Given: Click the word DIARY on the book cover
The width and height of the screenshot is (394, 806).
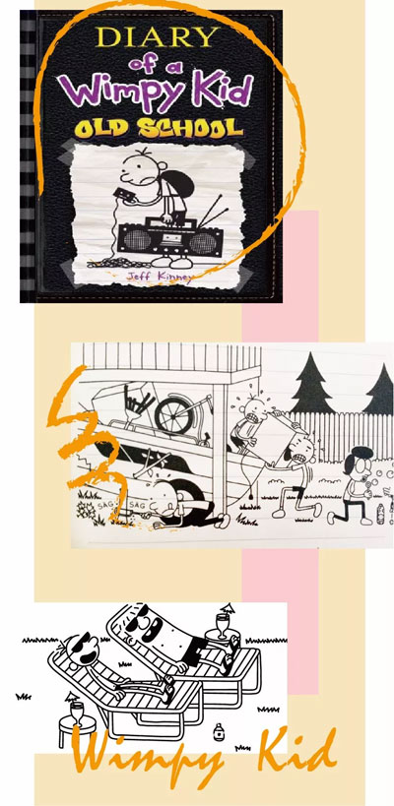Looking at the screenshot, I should (x=152, y=37).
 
